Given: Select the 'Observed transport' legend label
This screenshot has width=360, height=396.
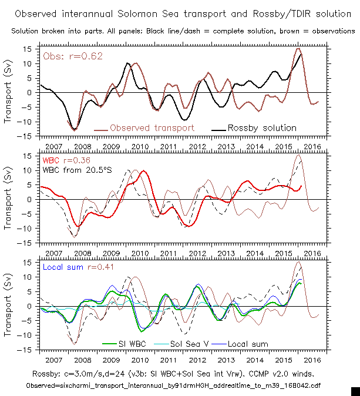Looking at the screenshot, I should click(x=152, y=127).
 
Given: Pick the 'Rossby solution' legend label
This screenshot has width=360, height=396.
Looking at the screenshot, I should click(x=262, y=127).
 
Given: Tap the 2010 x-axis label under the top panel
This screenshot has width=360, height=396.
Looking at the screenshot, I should click(x=139, y=146).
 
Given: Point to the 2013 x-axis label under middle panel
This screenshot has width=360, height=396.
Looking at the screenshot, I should click(x=226, y=253).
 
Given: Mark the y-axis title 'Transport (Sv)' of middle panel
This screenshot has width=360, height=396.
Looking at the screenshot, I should click(x=8, y=199).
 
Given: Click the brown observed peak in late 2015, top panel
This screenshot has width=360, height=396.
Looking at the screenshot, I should click(x=298, y=49).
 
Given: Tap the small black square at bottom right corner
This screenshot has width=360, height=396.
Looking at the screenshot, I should click(x=355, y=391).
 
